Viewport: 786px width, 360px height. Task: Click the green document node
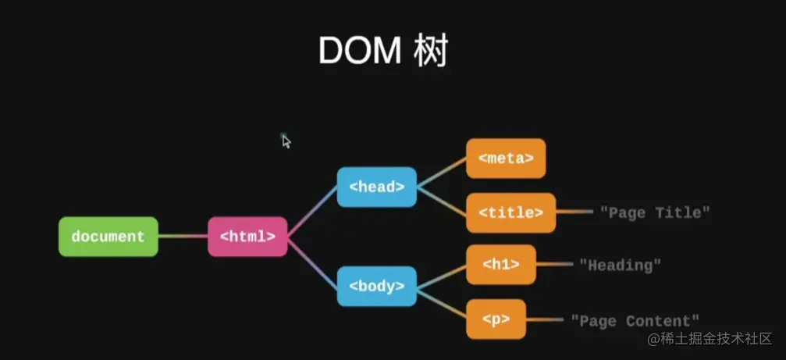click(x=108, y=236)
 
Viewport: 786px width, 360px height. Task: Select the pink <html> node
click(x=247, y=236)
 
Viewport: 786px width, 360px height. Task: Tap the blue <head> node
click(x=376, y=187)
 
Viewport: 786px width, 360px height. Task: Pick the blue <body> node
click(x=376, y=286)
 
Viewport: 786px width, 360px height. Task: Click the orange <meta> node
click(x=505, y=159)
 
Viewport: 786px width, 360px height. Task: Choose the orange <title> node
click(x=510, y=212)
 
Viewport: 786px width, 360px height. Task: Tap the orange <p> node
click(x=496, y=319)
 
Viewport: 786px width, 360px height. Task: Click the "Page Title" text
click(x=655, y=212)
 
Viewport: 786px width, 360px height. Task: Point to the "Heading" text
click(x=620, y=265)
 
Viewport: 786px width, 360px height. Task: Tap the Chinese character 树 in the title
click(x=429, y=52)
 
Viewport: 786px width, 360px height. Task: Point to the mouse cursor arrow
click(x=286, y=141)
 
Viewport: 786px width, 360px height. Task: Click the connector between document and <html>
click(x=183, y=236)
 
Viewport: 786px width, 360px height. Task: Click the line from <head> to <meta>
click(x=442, y=173)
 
